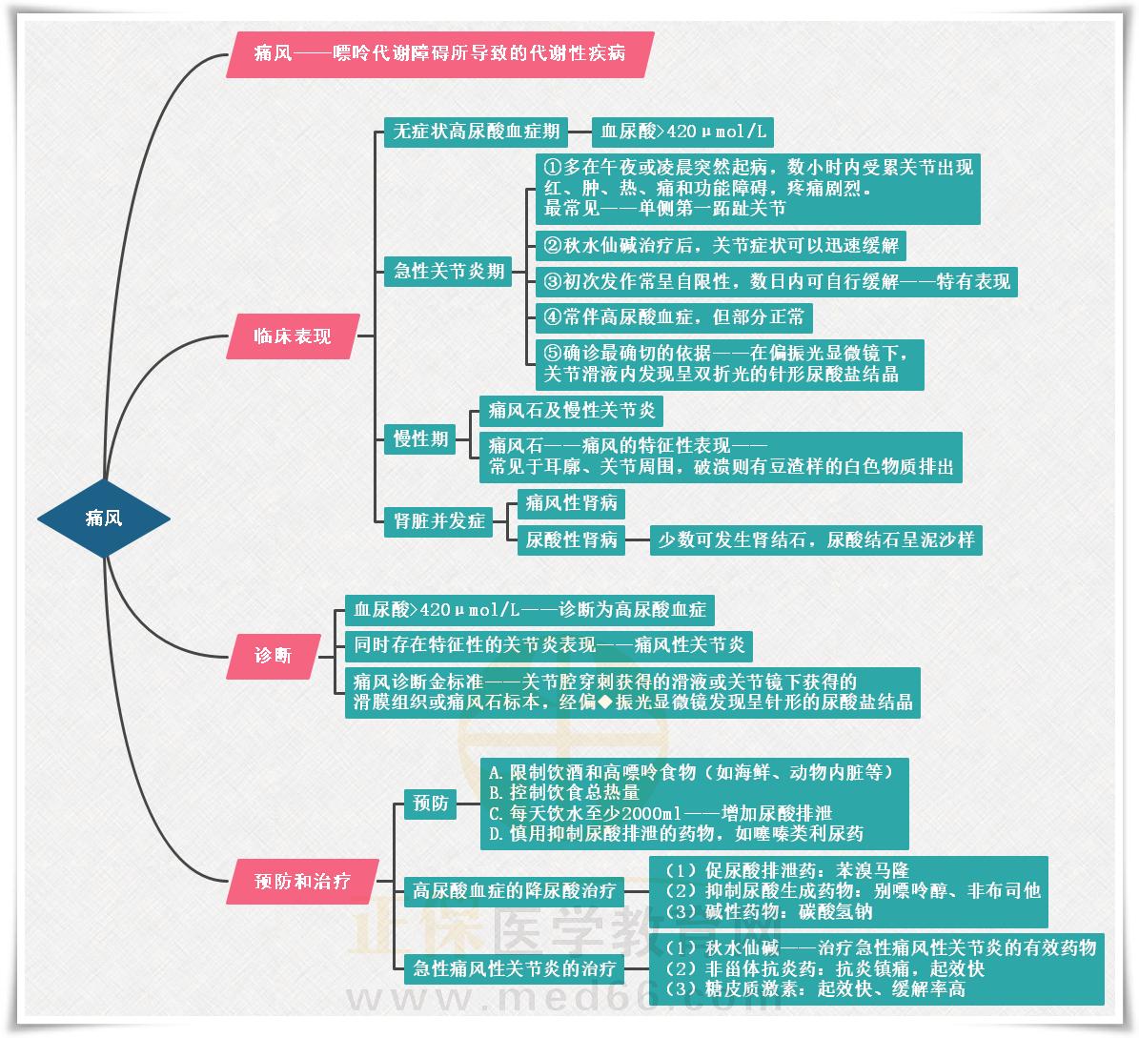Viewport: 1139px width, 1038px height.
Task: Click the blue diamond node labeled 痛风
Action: [x=104, y=519]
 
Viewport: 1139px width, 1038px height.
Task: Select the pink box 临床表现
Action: [x=293, y=336]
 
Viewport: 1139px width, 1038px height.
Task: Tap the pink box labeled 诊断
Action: [x=273, y=656]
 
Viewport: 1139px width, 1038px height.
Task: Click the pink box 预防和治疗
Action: [x=302, y=882]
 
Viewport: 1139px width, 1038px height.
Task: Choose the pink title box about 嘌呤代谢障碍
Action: [x=439, y=53]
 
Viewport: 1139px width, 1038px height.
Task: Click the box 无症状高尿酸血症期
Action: [x=476, y=132]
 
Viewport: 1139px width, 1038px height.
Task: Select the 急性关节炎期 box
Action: [x=449, y=271]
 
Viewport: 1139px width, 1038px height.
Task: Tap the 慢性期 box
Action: [x=420, y=439]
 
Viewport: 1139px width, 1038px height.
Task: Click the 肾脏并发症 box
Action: [x=438, y=521]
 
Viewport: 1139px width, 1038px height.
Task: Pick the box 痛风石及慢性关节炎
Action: [x=571, y=411]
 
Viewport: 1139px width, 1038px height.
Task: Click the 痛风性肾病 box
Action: [x=571, y=502]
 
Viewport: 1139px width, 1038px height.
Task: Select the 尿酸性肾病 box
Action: [x=571, y=539]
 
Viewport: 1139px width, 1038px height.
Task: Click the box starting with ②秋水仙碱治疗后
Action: [x=720, y=245]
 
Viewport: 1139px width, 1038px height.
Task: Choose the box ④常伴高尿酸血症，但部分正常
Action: [x=673, y=316]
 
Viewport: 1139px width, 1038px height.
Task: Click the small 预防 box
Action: [x=430, y=804]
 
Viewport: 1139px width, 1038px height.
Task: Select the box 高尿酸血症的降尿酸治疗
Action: [x=514, y=892]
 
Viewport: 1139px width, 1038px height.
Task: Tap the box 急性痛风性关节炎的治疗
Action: [x=514, y=969]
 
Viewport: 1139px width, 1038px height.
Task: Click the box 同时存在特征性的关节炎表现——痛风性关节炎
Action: [x=548, y=645]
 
